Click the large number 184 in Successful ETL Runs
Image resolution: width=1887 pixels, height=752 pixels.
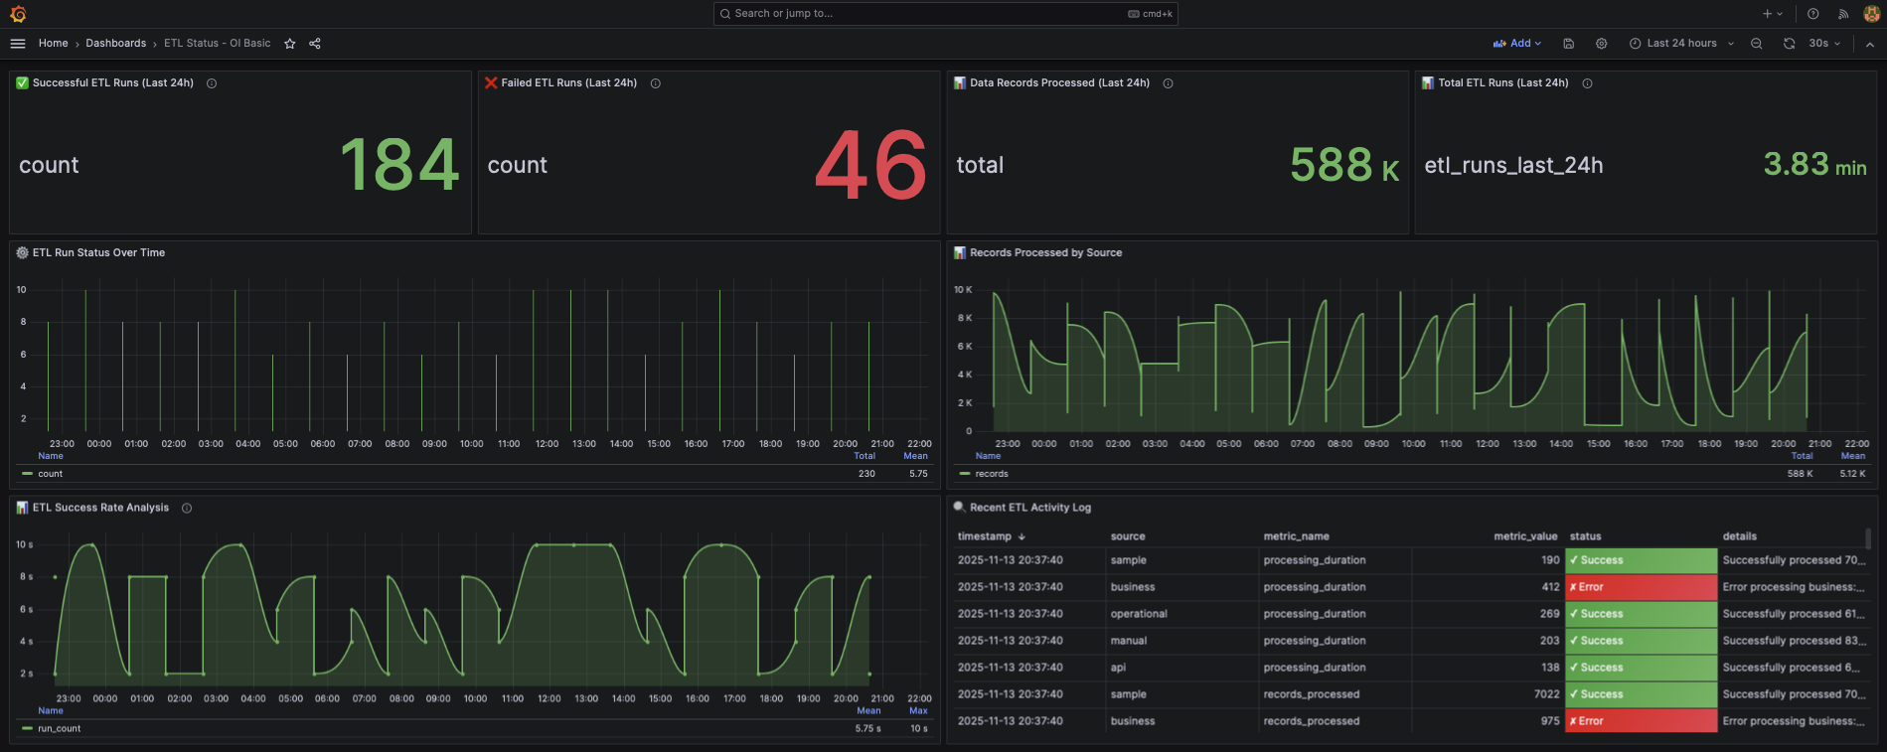[x=399, y=165]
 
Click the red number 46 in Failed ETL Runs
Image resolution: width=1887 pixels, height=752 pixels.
[x=870, y=165]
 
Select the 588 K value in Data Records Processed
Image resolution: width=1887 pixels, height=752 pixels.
[x=1343, y=165]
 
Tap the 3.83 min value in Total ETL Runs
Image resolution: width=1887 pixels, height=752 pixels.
[x=1814, y=165]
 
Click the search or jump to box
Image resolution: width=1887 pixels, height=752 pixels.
[x=944, y=14]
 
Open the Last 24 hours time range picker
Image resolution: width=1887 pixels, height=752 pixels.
[x=1681, y=44]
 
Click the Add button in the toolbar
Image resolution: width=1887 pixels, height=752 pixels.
[x=1517, y=44]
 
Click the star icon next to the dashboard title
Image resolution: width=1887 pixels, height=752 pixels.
[x=290, y=44]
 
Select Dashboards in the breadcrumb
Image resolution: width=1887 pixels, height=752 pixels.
[x=115, y=44]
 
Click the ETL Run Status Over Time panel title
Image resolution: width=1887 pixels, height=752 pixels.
[x=98, y=253]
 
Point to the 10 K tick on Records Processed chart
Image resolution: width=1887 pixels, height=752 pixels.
[x=963, y=290]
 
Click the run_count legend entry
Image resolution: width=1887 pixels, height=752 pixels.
[x=59, y=729]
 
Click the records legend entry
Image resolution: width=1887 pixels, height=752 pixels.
[x=991, y=474]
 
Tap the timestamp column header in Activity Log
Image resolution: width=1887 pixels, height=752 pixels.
[x=984, y=536]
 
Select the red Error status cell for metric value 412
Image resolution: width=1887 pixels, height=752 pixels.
[x=1640, y=587]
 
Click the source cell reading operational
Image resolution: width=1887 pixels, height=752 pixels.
[x=1139, y=614]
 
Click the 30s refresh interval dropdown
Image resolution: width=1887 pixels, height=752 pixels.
[x=1824, y=44]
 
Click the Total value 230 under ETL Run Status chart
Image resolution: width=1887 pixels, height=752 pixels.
[x=866, y=474]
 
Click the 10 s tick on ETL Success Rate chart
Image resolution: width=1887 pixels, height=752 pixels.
[x=24, y=544]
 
